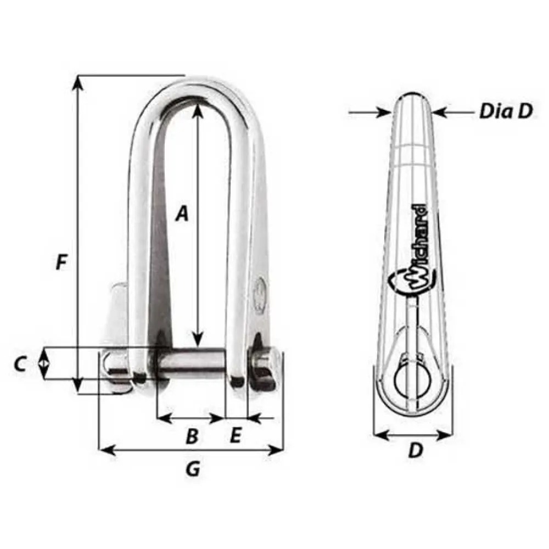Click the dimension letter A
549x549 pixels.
(182, 214)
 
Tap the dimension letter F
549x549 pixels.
(61, 262)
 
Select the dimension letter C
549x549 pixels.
(20, 364)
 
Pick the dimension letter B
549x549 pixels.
(192, 436)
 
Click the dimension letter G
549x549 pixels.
(193, 468)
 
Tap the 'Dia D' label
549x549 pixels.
(506, 111)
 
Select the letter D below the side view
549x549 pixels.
(416, 450)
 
